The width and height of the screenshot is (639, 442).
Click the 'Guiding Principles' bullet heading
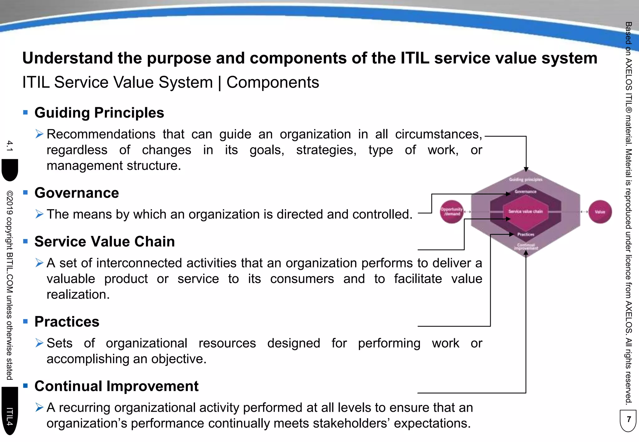pos(99,113)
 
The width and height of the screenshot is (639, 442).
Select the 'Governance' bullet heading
pos(76,193)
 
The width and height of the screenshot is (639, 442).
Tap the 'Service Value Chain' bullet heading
pos(105,242)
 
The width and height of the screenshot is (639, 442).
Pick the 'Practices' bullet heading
pos(67,322)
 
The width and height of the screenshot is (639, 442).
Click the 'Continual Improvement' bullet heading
pos(116,386)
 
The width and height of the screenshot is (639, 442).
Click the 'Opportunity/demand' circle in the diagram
pos(451,212)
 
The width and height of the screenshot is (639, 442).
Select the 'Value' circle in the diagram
pos(600,212)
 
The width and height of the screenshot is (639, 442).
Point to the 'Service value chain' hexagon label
pos(525,211)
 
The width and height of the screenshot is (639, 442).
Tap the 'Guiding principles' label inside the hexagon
pos(526,180)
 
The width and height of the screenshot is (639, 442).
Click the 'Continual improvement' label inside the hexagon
pos(526,247)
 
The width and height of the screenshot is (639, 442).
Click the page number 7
pos(629,419)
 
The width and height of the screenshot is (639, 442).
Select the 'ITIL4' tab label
pos(10,416)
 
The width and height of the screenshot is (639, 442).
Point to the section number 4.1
pos(10,146)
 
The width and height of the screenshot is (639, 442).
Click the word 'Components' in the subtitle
pos(273,83)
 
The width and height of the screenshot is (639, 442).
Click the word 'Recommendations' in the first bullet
pos(101,134)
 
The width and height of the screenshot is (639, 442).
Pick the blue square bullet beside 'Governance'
pos(26,192)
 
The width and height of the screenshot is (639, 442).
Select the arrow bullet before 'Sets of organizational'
pos(39,343)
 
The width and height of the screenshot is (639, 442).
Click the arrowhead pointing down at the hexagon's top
pos(526,169)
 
